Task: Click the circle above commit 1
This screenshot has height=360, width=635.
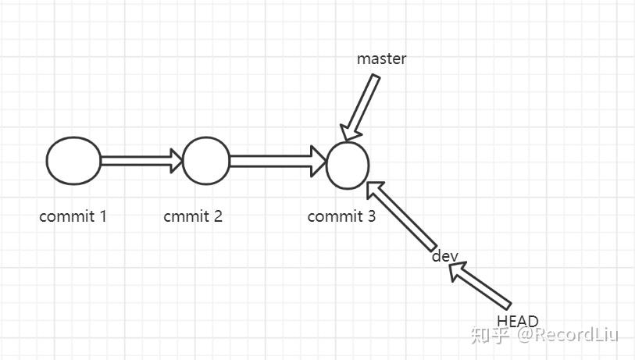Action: tap(73, 161)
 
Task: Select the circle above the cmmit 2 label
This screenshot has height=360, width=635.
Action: tap(205, 161)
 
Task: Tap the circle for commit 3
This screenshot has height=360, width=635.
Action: tap(347, 166)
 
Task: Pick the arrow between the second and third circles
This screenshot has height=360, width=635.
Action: tap(277, 161)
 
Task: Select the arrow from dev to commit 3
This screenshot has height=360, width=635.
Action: tap(401, 214)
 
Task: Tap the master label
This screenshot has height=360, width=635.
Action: tap(381, 59)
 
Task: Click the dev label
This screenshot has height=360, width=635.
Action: tap(444, 256)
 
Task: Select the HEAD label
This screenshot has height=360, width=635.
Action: tap(517, 320)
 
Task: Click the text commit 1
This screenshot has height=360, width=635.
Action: tap(73, 216)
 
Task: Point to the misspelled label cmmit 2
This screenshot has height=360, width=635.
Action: tap(193, 216)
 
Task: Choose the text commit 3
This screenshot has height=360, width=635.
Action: tap(341, 216)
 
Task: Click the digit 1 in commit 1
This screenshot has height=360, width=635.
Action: tap(102, 216)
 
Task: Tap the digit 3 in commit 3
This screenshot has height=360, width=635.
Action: tap(371, 216)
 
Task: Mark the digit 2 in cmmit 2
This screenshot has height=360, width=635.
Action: tap(218, 216)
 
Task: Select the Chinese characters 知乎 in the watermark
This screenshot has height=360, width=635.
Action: tap(490, 336)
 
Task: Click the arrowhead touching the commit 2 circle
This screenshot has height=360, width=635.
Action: tap(175, 161)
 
